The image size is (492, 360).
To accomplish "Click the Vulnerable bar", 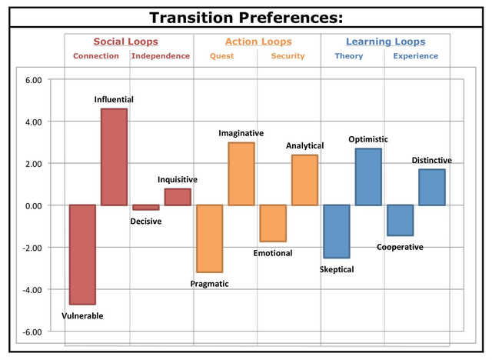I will click(82, 255).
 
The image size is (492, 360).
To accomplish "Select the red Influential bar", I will click(114, 157).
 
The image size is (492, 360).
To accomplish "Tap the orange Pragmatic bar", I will click(209, 238).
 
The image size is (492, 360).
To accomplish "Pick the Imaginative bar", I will click(241, 174).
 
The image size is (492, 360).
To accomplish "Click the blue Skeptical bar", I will click(336, 232).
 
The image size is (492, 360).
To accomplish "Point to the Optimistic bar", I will click(367, 177).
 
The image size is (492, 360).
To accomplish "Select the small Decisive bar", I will click(145, 207).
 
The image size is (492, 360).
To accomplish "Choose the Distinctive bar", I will click(431, 187).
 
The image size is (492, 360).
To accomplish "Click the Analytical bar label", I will click(305, 145).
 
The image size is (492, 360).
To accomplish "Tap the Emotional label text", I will click(273, 252).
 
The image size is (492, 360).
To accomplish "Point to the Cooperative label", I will click(400, 247).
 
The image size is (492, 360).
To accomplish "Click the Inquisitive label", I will click(178, 179).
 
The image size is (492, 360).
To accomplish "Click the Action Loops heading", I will click(257, 42).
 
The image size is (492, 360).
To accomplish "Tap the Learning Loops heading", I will click(385, 42).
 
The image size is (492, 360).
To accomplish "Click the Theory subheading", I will click(348, 56).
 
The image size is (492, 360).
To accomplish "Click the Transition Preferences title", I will click(246, 17).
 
